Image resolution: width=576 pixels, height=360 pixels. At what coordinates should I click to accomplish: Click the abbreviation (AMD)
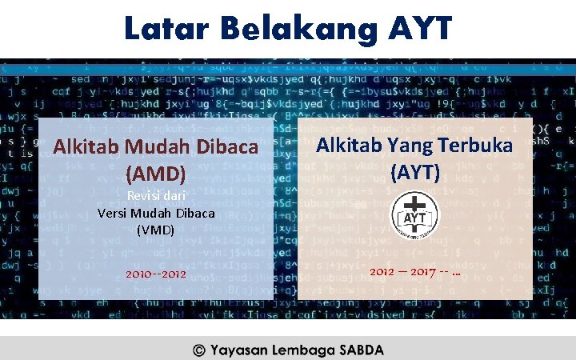[156, 172]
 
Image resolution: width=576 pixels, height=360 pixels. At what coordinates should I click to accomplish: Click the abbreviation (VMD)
[155, 230]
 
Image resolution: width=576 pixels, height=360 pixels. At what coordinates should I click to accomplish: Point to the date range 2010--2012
[155, 274]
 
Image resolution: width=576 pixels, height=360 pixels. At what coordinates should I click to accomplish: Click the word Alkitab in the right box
[349, 146]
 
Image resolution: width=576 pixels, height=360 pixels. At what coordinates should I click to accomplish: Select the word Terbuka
[477, 146]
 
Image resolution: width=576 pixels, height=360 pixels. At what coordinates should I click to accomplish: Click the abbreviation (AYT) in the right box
[414, 171]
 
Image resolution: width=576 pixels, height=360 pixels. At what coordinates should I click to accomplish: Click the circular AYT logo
[415, 214]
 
